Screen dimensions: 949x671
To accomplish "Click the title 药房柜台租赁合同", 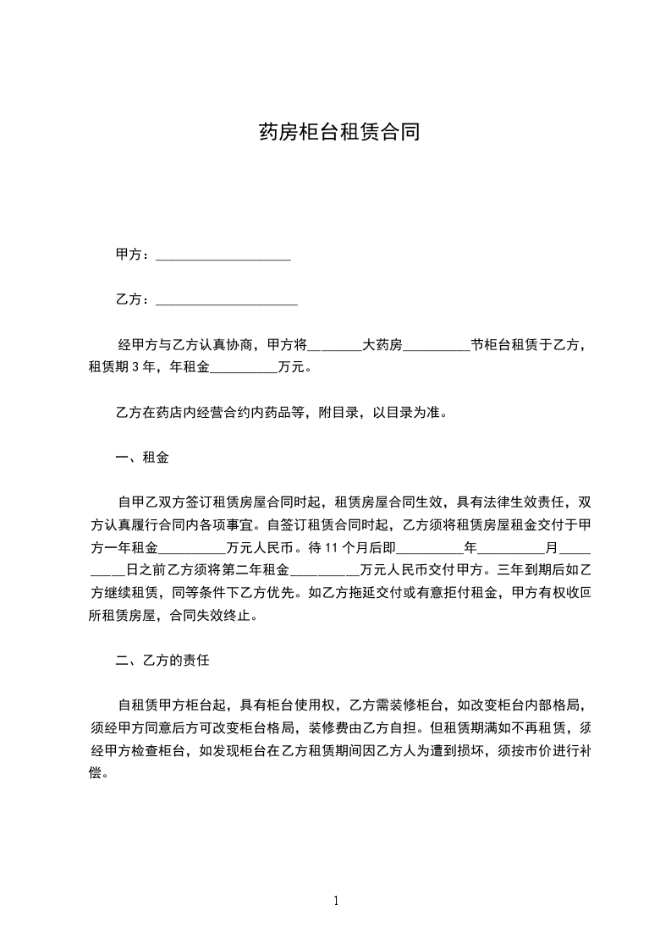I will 338,133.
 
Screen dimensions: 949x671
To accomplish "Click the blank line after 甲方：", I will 223,255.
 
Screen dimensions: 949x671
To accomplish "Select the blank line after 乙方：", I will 227,299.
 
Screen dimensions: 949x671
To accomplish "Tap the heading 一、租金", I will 141,458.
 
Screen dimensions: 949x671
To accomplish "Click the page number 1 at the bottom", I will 336,901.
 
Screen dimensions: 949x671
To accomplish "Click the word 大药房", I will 382,345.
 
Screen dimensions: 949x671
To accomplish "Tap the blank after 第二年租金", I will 325,570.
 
